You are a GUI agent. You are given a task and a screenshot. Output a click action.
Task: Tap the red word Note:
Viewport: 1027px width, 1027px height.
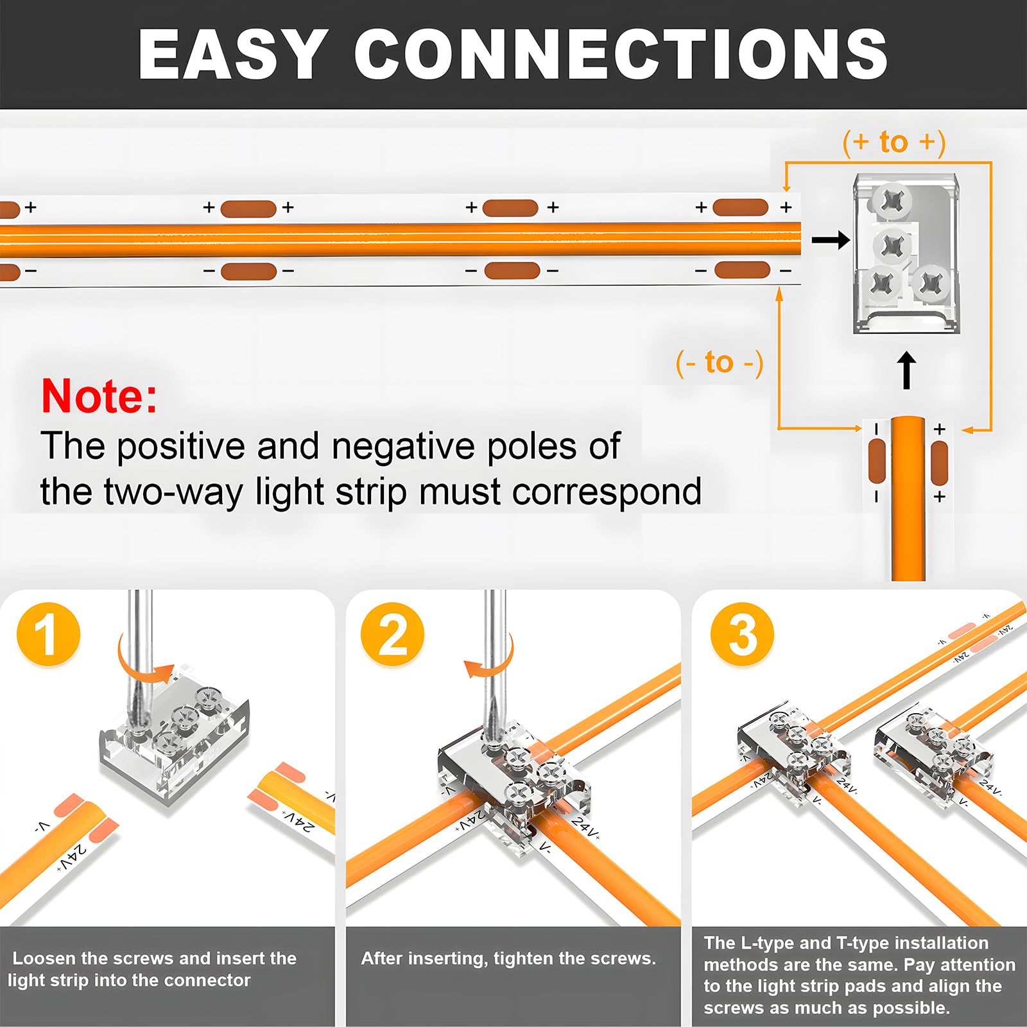tap(99, 396)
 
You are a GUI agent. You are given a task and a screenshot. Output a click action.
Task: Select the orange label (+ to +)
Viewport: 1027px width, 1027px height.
tap(893, 142)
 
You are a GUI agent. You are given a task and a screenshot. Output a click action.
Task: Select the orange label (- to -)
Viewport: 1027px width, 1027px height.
tap(720, 363)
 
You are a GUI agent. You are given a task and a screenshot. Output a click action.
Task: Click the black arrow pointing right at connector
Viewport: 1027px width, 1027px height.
tap(831, 241)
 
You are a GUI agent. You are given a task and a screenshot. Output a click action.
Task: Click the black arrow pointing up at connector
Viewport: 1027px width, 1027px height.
tap(906, 370)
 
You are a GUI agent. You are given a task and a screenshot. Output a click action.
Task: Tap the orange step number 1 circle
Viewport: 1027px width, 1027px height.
tap(48, 634)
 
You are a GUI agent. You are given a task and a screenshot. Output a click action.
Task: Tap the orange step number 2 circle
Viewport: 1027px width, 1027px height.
tap(392, 634)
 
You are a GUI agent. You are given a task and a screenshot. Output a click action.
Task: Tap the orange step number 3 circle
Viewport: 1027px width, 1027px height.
tap(742, 634)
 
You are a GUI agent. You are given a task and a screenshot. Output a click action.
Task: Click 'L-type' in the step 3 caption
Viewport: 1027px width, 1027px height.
tap(768, 943)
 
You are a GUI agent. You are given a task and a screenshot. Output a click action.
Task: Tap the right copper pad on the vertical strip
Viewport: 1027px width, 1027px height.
tap(938, 462)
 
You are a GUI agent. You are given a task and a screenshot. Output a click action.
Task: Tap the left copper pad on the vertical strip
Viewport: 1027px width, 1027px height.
tap(876, 462)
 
